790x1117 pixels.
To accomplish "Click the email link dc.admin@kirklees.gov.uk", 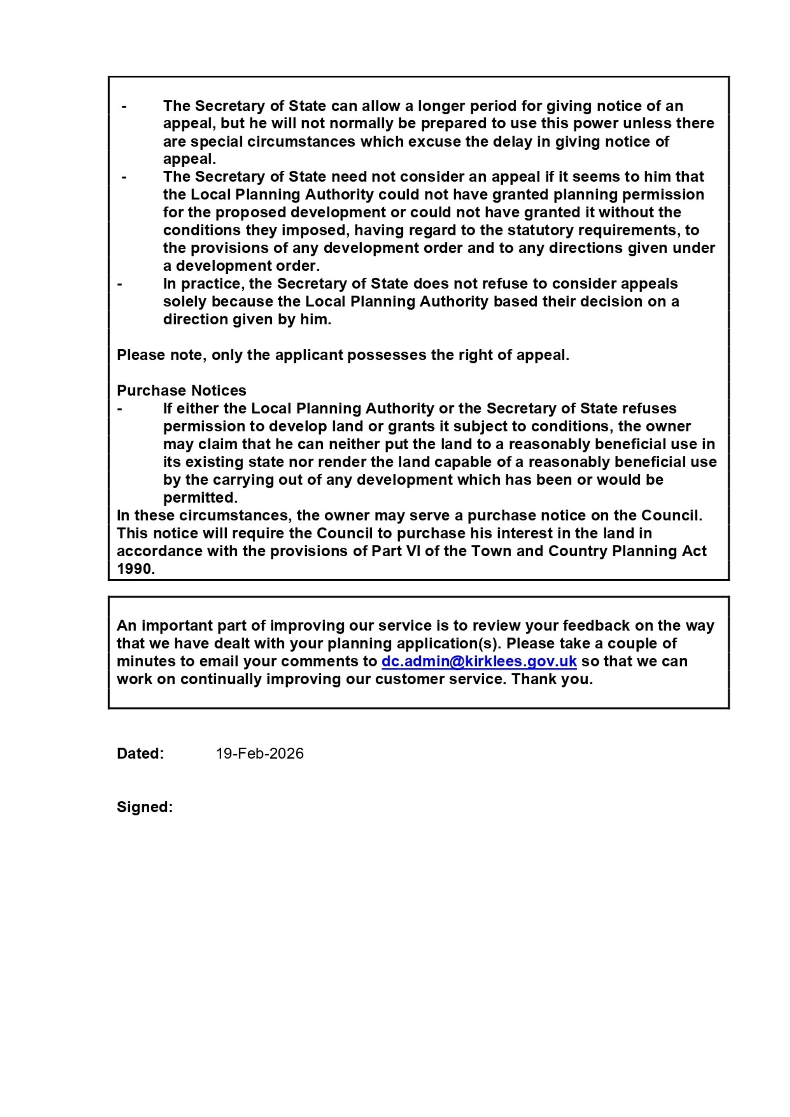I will tap(479, 661).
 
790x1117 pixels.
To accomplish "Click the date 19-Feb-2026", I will tap(260, 753).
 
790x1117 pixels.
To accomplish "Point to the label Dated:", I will tap(141, 753).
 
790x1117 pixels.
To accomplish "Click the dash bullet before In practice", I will tap(120, 283).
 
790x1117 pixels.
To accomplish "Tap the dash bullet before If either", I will tap(120, 408).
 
